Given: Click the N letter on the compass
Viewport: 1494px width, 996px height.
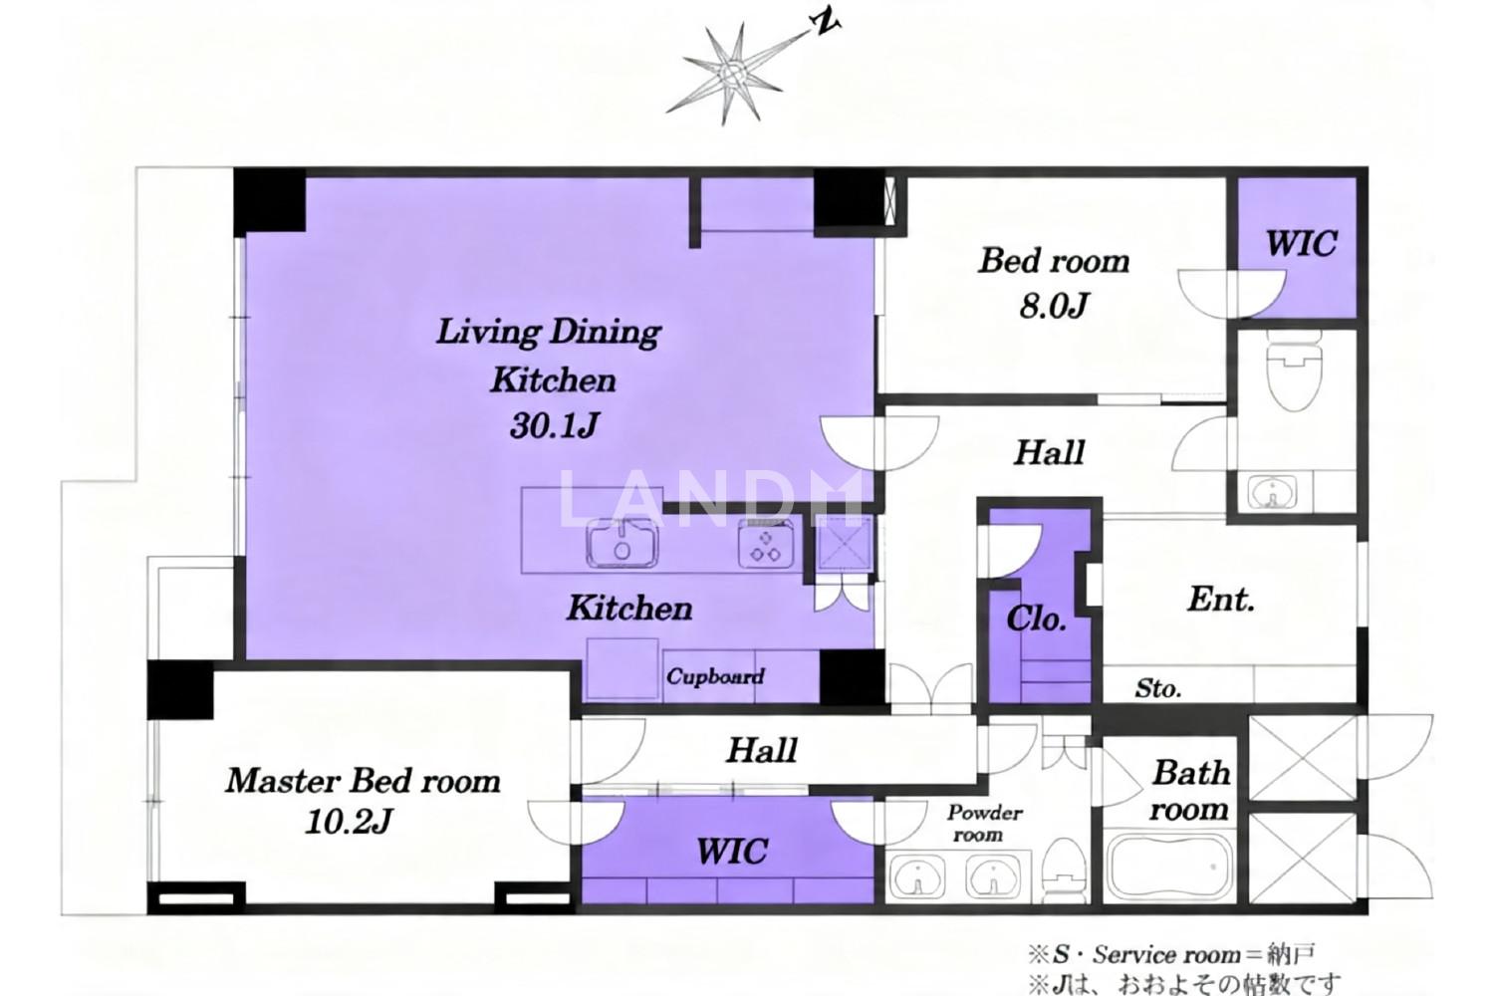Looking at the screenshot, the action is tap(827, 24).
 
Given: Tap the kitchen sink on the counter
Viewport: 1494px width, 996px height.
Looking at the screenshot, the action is tap(622, 543).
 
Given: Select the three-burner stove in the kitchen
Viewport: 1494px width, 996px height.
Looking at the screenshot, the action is tap(766, 544).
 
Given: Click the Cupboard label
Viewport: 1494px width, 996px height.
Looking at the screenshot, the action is tap(715, 676).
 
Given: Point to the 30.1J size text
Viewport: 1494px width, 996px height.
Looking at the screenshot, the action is tap(555, 425).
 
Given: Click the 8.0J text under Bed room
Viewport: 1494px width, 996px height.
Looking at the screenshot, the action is tap(1054, 306).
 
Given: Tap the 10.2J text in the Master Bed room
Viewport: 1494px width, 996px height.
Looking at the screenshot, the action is tap(349, 822).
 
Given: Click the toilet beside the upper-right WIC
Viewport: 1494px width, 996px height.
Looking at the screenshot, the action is tap(1294, 374).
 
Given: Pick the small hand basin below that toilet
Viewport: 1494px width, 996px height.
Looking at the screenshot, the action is tap(1273, 492).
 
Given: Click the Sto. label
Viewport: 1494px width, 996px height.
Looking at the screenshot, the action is tap(1158, 688).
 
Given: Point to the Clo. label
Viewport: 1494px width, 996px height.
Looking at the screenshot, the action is tap(1036, 620).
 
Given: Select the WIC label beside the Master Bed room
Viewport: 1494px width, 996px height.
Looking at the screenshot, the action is tap(732, 852).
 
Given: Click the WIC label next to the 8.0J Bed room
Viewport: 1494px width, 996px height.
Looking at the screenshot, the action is tap(1301, 243).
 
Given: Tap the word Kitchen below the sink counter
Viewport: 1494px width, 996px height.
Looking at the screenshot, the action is tap(629, 609).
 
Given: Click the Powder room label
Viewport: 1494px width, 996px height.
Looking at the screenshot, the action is tap(984, 824).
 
